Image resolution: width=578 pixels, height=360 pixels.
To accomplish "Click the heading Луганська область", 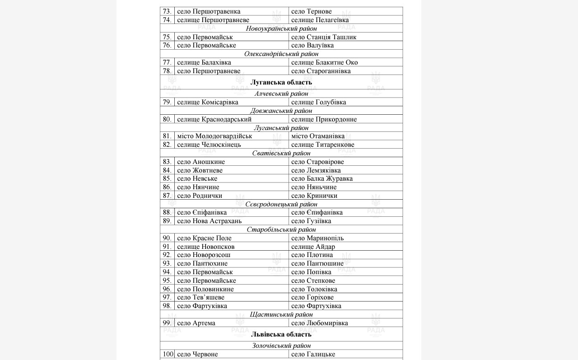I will click(281, 82).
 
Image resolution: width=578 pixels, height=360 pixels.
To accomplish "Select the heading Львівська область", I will click(281, 334).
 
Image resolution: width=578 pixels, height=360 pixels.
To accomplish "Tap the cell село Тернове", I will click(312, 11).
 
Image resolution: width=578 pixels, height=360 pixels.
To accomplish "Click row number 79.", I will click(167, 102).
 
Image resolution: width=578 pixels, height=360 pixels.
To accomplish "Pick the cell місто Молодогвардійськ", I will click(214, 136).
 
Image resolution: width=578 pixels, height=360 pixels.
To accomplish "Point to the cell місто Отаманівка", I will click(318, 136).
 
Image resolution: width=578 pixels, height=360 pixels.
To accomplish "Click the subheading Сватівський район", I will click(281, 153).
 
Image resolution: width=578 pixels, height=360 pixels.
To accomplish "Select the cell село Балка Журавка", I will click(322, 178).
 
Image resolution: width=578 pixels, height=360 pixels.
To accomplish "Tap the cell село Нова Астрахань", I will click(210, 221).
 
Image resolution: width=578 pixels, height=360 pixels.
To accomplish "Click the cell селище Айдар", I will click(313, 247).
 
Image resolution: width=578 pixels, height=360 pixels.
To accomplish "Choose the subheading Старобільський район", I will click(281, 229).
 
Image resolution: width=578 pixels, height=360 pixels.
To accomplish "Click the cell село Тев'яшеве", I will click(201, 297).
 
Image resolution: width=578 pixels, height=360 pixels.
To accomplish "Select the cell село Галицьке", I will click(313, 354).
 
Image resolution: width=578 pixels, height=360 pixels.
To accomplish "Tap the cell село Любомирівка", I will click(320, 323).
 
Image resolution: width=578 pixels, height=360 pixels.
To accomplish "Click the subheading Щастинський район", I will click(281, 314).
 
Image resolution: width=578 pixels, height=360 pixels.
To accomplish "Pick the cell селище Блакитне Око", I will click(324, 62).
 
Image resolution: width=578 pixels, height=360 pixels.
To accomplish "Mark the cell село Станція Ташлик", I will click(324, 37).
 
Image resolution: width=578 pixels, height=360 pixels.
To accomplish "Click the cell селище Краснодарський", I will click(214, 119).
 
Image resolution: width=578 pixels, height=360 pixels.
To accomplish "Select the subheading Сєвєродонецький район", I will click(281, 204).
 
